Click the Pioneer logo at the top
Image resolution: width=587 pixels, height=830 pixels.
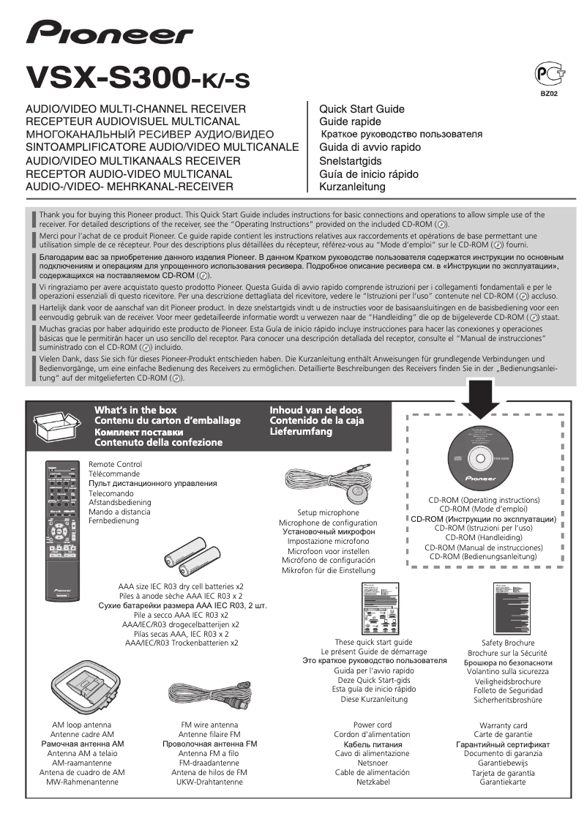tap(110, 34)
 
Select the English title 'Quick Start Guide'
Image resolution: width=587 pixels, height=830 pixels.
tap(362, 109)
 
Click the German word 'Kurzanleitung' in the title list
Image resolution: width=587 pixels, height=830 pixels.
tap(352, 187)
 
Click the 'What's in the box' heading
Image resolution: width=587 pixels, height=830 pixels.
tap(135, 410)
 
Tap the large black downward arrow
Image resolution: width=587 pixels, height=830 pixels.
tap(480, 400)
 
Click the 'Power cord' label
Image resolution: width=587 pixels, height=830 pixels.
tap(373, 725)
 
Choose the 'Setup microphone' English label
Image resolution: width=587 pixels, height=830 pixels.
tap(328, 513)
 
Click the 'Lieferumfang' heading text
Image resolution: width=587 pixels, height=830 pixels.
tap(301, 432)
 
